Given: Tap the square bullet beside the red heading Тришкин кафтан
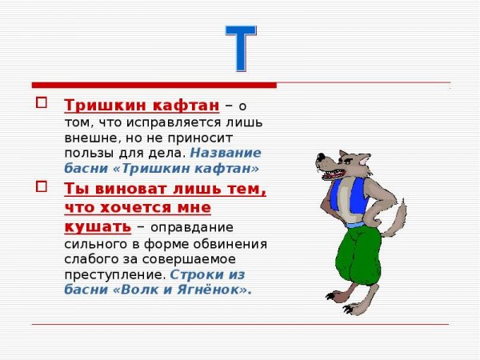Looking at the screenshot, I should pos(42,103).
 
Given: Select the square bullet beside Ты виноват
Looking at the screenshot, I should pos(42,187).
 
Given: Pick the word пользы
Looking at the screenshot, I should pos(86,152).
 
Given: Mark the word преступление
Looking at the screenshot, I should pos(113,274).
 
